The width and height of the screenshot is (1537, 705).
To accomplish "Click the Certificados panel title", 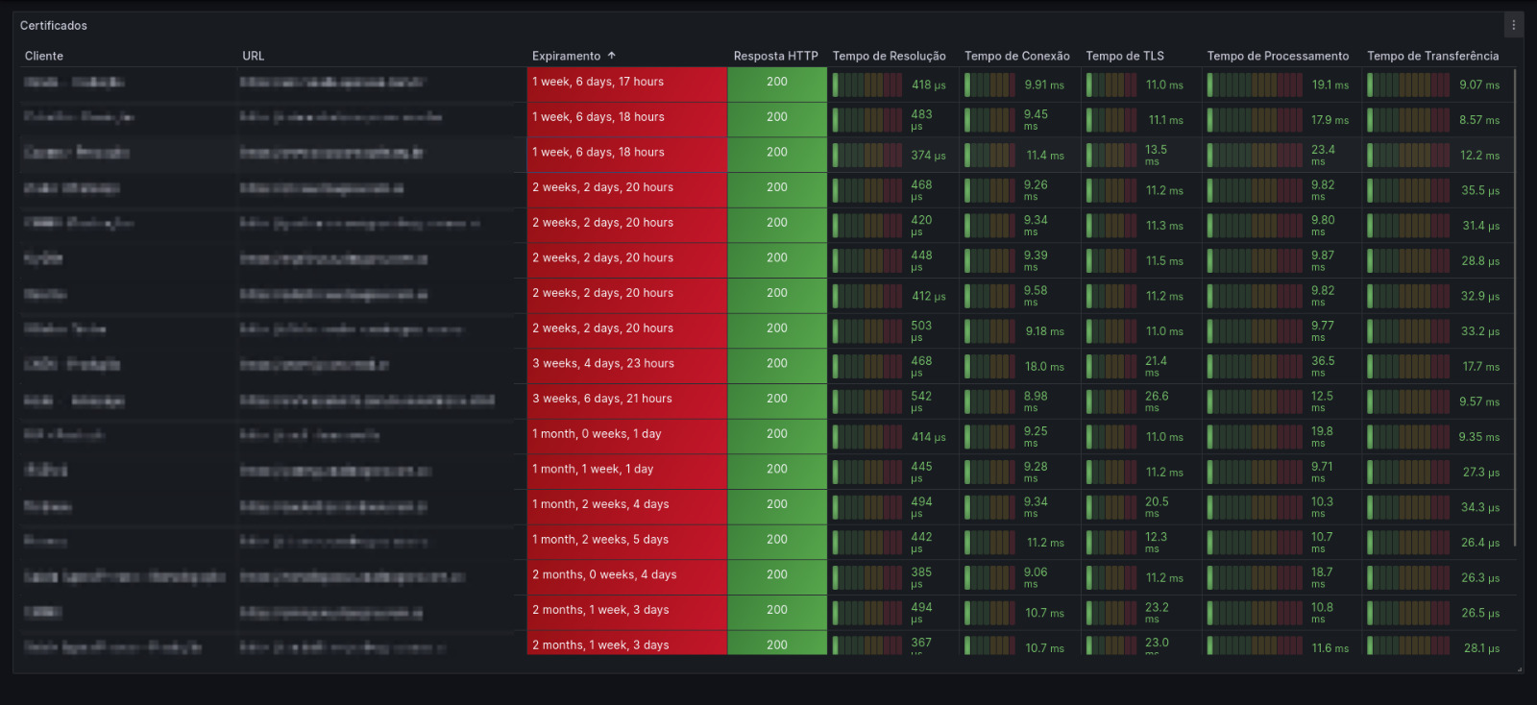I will tap(54, 26).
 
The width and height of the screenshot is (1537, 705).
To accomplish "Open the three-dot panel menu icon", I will tap(1513, 26).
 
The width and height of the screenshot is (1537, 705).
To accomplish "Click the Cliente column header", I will tap(44, 57).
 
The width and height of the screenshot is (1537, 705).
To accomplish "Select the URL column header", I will tap(253, 57).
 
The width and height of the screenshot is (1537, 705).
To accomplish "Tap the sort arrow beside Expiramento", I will tap(612, 56).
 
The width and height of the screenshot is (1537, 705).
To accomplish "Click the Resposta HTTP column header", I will tap(775, 57).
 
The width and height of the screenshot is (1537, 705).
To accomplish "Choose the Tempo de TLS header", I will tap(1124, 57).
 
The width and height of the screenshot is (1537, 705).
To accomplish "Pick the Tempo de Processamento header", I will tap(1278, 57).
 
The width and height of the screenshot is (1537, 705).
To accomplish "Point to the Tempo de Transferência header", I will tap(1432, 57).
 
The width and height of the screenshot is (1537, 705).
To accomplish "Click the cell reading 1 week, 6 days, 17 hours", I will tap(598, 83).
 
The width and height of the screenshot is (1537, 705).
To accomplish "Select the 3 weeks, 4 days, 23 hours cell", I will tap(603, 364).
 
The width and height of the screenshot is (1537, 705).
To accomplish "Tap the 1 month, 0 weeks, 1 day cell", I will tap(597, 434).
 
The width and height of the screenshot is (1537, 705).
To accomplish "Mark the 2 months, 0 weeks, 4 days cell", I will tap(604, 575).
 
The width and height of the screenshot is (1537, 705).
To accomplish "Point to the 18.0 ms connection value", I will tap(1044, 367).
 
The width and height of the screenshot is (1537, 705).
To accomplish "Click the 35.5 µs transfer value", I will tap(1479, 191).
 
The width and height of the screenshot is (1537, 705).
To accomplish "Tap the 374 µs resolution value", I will tap(928, 156).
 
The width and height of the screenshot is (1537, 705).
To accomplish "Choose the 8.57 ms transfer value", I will tap(1478, 120).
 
